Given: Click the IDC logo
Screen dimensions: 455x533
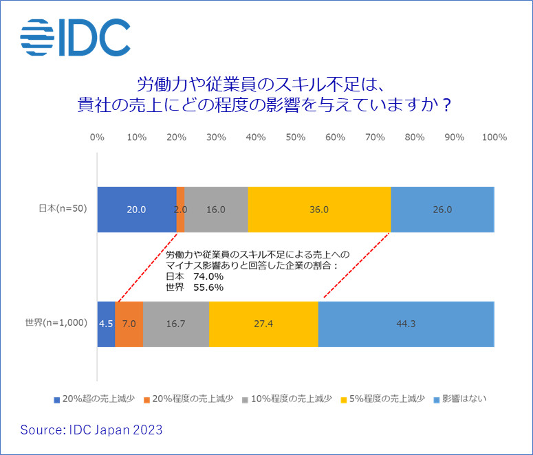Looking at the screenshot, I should coord(75,38).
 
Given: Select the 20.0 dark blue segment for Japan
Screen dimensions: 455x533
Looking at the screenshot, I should coord(137,210).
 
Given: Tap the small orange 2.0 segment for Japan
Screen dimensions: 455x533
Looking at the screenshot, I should coord(180,210).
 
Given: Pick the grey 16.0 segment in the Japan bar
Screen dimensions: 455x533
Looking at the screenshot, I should coord(216,210).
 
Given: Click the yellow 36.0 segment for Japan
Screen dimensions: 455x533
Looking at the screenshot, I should coord(319,210).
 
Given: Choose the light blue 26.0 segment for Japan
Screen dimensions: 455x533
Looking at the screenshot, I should coord(442,210).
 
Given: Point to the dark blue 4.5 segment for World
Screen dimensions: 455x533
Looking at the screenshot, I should coord(106,323).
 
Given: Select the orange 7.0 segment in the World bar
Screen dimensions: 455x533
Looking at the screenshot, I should coord(129,323).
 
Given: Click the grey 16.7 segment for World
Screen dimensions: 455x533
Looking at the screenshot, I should coord(175,323).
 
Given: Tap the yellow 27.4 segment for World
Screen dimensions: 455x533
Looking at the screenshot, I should coord(263,323).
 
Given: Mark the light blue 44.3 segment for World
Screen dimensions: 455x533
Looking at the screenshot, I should coord(406,323).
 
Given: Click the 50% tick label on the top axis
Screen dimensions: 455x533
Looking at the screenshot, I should coord(295,137).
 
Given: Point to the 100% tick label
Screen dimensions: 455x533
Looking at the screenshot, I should coord(494,137).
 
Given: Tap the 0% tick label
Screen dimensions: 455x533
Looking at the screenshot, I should coord(97,137).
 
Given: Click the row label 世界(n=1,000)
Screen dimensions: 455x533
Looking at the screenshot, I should coord(56,323).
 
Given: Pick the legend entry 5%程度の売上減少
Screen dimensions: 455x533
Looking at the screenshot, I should coord(389,399).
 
